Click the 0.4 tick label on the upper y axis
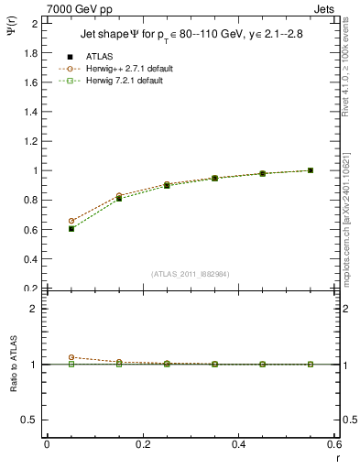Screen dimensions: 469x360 (x=28, y=259)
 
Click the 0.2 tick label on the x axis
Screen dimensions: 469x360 (x=143, y=444)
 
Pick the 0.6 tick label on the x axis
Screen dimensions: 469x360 (x=335, y=444)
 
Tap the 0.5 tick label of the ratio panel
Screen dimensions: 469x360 (x=28, y=420)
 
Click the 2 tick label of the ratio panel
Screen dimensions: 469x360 (x=33, y=309)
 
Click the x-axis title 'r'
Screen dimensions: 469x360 (x=337, y=457)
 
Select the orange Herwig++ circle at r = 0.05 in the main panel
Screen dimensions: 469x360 (x=71, y=221)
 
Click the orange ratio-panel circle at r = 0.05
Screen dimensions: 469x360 (x=71, y=357)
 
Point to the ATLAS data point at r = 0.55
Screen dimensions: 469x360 (x=311, y=170)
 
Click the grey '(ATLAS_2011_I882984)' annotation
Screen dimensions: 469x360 (x=191, y=274)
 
